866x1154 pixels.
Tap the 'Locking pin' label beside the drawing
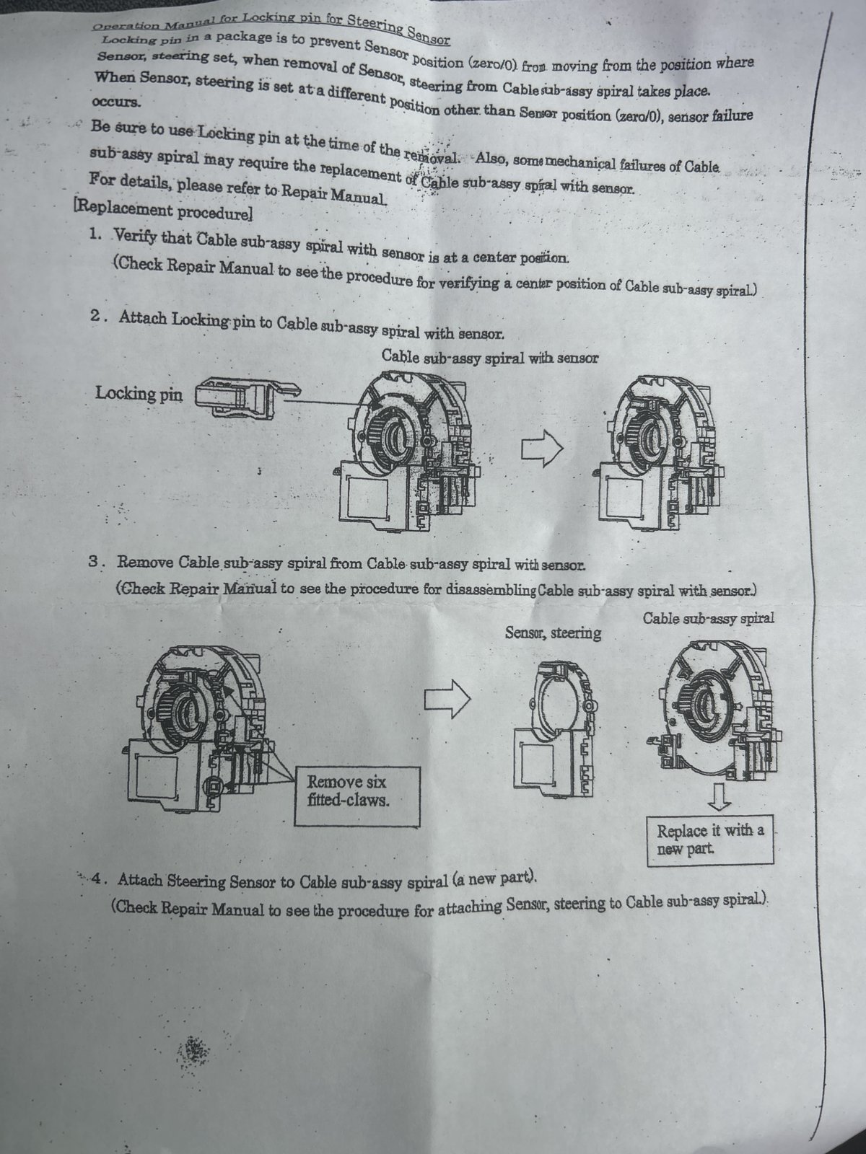pos(139,394)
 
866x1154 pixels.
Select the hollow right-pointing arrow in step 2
pos(542,449)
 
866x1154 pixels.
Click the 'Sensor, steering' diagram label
pos(554,633)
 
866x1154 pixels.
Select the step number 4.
pos(100,879)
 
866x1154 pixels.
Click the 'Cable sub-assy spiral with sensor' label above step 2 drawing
pos(489,356)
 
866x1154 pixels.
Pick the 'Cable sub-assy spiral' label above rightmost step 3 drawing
pos(708,619)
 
